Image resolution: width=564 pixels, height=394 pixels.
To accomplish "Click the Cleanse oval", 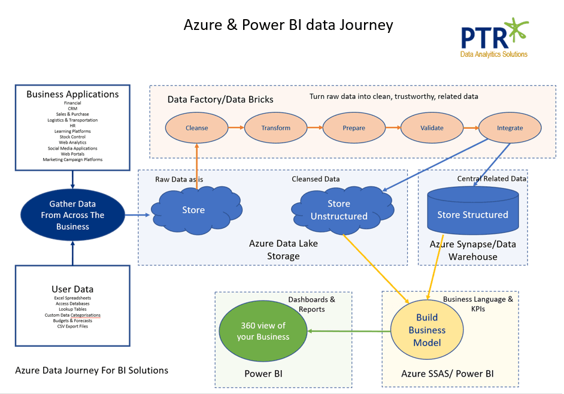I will (x=197, y=128).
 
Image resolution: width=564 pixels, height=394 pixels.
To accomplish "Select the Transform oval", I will (x=275, y=128).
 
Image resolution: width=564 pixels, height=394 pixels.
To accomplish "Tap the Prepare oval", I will (x=354, y=128).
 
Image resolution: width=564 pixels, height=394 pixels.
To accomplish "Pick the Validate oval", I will (x=432, y=128).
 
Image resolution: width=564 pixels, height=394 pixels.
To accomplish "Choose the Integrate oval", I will (x=510, y=128).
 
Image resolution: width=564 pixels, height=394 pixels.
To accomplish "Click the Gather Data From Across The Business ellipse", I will (x=72, y=215).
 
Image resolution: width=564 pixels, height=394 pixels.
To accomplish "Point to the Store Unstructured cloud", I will (x=339, y=210).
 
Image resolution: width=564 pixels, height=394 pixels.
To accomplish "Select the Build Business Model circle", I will (x=427, y=330).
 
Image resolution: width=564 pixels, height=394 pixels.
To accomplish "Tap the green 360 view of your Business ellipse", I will (x=263, y=331).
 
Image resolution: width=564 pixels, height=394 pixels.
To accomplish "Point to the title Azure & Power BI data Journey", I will (x=288, y=25).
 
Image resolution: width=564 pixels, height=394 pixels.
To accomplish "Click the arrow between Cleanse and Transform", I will (x=236, y=128).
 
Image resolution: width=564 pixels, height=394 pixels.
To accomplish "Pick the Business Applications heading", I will (x=72, y=94).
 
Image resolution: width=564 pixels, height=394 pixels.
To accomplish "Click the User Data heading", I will (x=72, y=289).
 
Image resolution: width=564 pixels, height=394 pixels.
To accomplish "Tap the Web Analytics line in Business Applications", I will (x=72, y=143).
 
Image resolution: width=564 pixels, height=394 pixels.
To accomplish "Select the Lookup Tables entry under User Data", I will (x=72, y=309).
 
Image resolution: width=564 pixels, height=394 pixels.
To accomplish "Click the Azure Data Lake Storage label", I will (x=283, y=250).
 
